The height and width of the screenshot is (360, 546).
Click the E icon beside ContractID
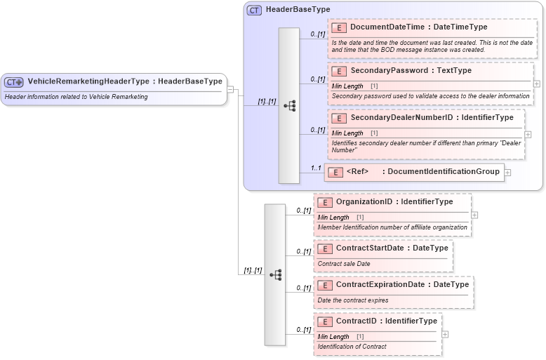325,321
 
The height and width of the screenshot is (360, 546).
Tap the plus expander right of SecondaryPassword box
537,83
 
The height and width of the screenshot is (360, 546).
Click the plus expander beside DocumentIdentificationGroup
507,172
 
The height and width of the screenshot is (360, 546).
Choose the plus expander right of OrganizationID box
475,215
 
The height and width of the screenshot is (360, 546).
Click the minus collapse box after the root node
231,90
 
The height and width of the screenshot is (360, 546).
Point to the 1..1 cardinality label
316,168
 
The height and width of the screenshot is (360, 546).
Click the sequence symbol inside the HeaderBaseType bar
288,106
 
